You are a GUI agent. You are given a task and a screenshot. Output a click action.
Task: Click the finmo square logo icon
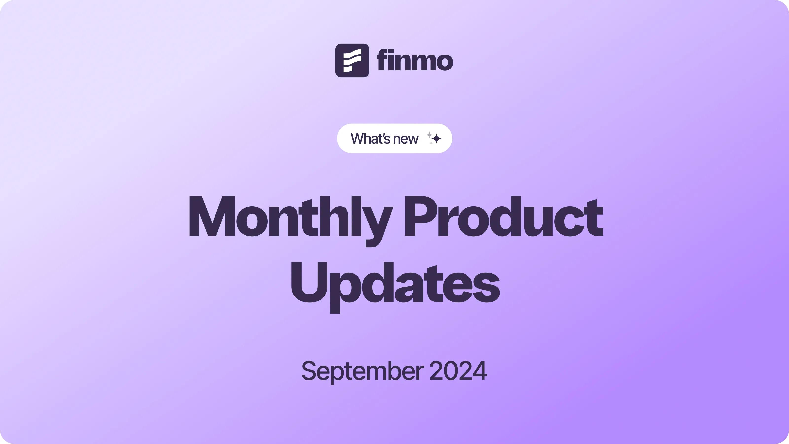click(x=352, y=60)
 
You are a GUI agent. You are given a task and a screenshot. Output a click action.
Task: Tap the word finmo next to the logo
click(x=415, y=60)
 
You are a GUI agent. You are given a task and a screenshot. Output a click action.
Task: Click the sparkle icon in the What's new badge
click(x=434, y=138)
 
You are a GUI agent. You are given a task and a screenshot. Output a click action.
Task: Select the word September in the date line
click(x=363, y=371)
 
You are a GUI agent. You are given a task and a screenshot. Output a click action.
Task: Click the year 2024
click(x=458, y=370)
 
